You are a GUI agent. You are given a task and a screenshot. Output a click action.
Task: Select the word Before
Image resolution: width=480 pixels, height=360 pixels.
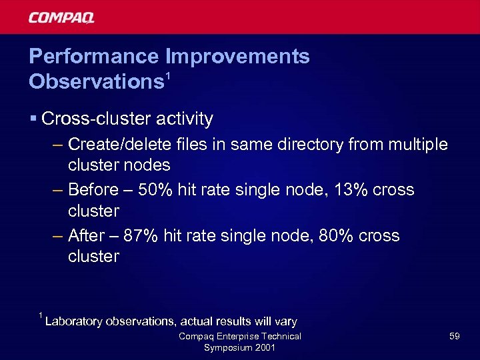93,190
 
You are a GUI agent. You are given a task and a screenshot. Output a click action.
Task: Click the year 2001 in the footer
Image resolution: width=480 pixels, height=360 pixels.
263,348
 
